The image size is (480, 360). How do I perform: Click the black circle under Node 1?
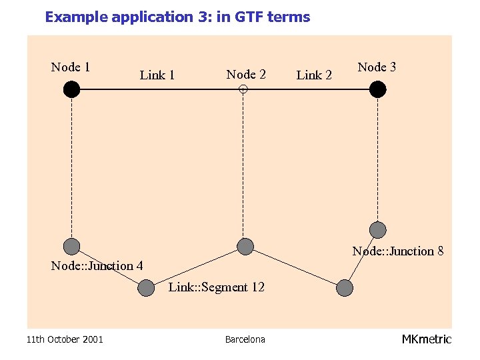point(71,89)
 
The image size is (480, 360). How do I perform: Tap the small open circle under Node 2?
point(243,89)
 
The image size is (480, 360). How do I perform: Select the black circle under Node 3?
point(378,89)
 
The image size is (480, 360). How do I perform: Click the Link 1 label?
point(157,75)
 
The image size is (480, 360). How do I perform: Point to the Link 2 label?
point(314,75)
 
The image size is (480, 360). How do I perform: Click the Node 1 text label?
point(71,67)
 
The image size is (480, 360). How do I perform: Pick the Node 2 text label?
point(246,74)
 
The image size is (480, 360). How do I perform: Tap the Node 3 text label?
point(377,67)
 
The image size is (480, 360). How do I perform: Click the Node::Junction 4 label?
point(97,266)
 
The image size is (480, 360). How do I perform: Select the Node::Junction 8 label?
point(398,251)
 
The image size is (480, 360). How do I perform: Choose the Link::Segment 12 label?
point(217,287)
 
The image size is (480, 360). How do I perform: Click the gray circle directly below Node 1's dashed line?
point(71,246)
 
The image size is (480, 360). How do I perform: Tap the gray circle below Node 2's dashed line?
point(245,246)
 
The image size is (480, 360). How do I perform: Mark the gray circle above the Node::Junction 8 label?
point(378,230)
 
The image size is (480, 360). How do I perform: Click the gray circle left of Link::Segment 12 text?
point(146,288)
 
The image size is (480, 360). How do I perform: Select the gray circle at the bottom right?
point(344,288)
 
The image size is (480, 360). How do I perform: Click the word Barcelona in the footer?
point(245,339)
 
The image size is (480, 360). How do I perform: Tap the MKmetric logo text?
point(427,339)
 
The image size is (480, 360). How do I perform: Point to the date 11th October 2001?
point(65,339)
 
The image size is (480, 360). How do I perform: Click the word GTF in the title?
point(248,17)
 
